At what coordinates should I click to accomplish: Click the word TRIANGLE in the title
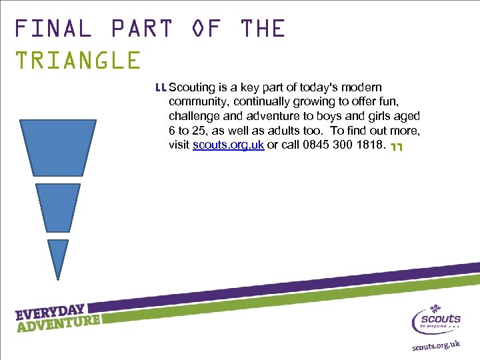click(78, 61)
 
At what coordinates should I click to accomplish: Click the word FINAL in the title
click(53, 29)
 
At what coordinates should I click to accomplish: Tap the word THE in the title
click(263, 29)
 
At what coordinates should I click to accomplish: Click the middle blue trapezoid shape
click(58, 205)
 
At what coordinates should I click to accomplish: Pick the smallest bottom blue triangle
click(58, 257)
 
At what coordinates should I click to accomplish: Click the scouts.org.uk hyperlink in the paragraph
click(228, 145)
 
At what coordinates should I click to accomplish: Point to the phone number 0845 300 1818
click(336, 145)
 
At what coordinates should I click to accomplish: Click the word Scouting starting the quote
click(193, 87)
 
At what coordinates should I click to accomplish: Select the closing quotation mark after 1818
click(397, 147)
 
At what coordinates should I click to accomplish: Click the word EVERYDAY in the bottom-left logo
click(50, 312)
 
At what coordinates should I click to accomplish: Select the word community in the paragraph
click(198, 102)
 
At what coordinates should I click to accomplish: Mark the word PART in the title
click(141, 29)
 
